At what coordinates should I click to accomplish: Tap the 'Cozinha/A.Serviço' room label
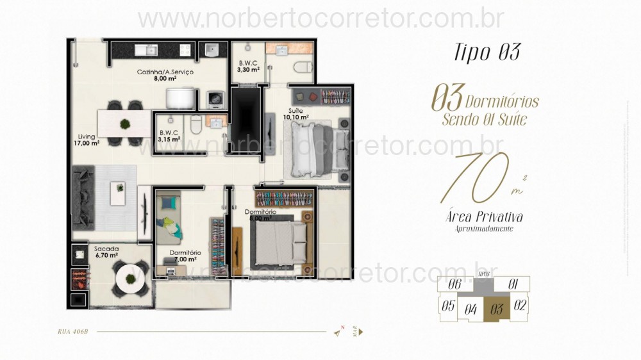tap(165, 72)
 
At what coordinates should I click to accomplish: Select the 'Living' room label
tap(87, 136)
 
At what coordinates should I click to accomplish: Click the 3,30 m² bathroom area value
tap(249, 70)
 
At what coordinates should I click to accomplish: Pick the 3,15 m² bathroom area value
tap(169, 138)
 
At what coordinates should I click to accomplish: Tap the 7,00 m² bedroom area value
tap(186, 261)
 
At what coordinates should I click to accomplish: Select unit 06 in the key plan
tap(456, 284)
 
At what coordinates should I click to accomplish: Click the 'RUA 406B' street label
tap(72, 332)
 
